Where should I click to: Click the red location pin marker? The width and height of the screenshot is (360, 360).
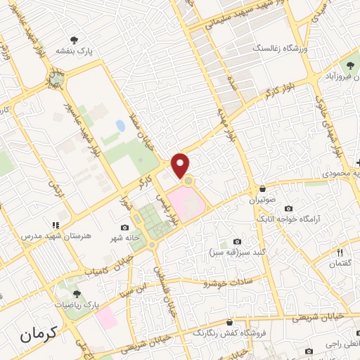[181, 166]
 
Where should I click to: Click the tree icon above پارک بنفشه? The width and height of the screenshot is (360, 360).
[75, 39]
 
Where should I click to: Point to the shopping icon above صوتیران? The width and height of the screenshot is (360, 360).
[262, 189]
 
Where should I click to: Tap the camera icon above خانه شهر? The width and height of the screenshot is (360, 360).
[125, 227]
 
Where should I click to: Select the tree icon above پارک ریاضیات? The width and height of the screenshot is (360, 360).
[77, 295]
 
